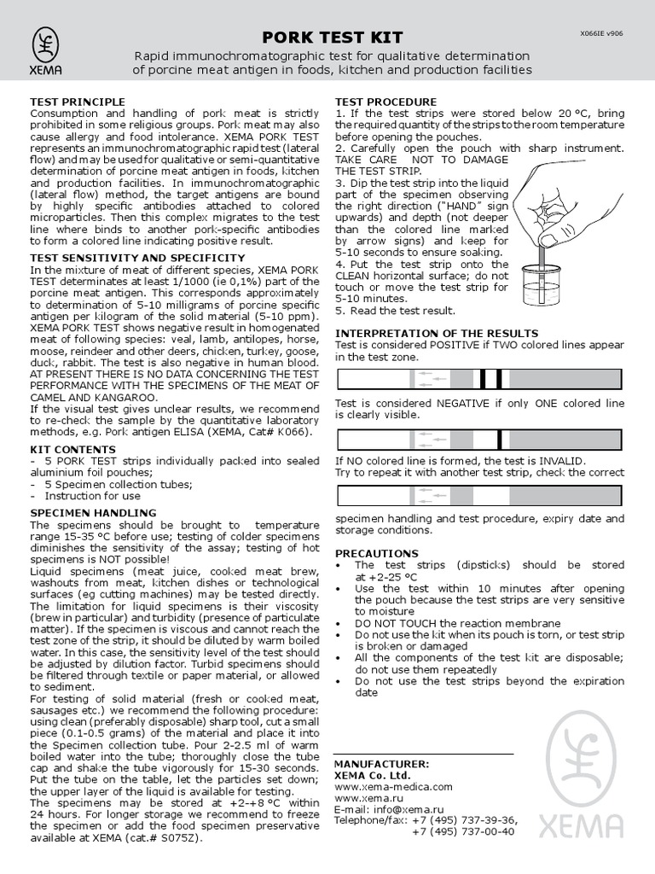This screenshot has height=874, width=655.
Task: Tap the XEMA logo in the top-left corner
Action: pos(47,51)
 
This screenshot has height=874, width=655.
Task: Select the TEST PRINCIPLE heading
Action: pos(78,102)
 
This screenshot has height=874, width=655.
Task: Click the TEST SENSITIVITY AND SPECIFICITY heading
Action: pos(137,257)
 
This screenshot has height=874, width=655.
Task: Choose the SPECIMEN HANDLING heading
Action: pos(93,512)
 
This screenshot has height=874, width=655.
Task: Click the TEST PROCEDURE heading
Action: pos(385,102)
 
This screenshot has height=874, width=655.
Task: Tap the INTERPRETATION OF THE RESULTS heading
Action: pos(437,333)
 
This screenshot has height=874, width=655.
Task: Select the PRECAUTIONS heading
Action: pos(376,553)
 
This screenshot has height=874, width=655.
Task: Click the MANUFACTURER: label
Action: pos(381,764)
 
